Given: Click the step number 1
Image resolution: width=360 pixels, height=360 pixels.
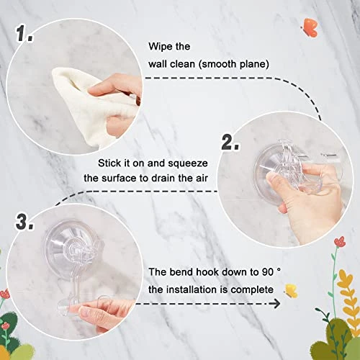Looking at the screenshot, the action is pyautogui.click(x=24, y=33).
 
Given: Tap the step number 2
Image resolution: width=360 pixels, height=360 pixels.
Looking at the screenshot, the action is pyautogui.click(x=230, y=143).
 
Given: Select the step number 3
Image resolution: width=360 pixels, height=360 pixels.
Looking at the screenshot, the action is pyautogui.click(x=24, y=222).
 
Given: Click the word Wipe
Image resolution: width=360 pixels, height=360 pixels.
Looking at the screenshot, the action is pyautogui.click(x=159, y=46).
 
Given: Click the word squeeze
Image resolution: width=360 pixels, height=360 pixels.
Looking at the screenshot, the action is pyautogui.click(x=188, y=163).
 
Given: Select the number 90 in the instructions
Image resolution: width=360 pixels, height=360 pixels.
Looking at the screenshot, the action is pyautogui.click(x=266, y=272).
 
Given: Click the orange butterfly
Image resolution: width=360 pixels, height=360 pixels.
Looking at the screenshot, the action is pyautogui.click(x=310, y=28).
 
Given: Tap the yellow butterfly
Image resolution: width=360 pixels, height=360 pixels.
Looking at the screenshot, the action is pyautogui.click(x=291, y=291).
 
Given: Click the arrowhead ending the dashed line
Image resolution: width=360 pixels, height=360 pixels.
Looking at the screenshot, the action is pyautogui.click(x=276, y=304).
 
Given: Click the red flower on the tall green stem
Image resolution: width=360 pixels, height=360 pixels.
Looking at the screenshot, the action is pyautogui.click(x=340, y=241).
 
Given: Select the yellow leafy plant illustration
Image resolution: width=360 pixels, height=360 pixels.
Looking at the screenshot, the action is pyautogui.click(x=348, y=300).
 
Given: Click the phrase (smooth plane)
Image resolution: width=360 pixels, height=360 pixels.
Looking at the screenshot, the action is pyautogui.click(x=234, y=64).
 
